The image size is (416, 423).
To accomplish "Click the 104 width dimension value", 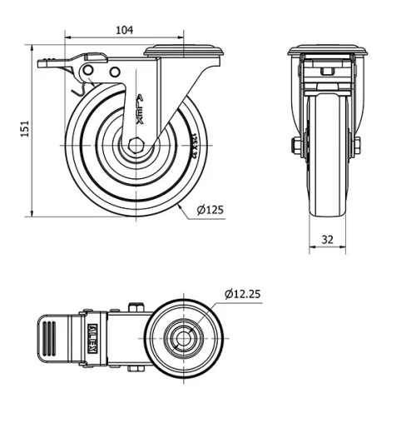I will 124,30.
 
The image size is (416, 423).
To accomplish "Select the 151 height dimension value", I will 26,129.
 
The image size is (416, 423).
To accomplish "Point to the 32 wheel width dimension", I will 327,239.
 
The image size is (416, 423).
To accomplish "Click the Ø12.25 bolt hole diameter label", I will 242,293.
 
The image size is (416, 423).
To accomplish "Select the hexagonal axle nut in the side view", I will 136,145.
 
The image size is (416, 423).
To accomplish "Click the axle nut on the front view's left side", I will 295,147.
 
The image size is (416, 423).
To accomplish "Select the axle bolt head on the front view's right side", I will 357,147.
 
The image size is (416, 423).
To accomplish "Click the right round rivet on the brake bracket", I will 111,74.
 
